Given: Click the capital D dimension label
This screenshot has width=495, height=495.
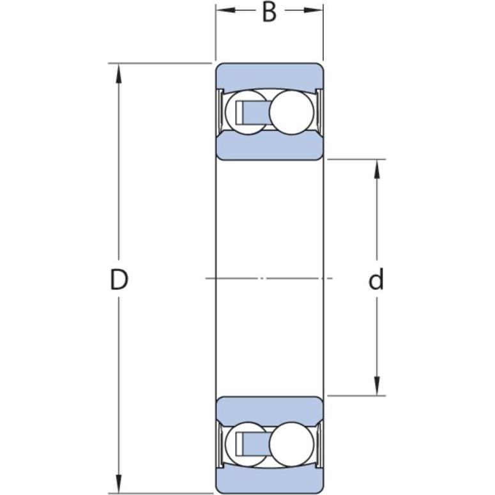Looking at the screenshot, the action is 119,280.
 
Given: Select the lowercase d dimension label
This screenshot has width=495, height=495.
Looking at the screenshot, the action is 376,279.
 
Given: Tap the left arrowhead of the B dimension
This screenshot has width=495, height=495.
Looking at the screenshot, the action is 225,10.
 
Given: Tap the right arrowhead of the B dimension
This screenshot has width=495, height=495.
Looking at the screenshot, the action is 314,10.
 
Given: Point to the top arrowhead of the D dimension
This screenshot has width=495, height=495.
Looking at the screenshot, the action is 119,74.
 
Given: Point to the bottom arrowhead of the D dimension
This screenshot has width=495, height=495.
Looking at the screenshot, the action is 119,484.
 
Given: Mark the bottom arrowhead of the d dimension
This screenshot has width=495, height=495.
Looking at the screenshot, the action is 377,385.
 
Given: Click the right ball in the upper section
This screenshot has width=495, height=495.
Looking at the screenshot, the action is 292,112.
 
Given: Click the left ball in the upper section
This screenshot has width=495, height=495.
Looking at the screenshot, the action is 247,112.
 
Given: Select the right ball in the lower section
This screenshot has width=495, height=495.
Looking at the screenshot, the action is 292,444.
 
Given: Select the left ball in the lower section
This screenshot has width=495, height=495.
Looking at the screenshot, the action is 247,444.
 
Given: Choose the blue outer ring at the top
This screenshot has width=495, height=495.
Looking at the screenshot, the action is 270,76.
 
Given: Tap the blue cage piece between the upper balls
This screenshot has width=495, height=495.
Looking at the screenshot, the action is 255,112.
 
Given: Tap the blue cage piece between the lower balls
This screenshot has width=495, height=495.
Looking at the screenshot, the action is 255,444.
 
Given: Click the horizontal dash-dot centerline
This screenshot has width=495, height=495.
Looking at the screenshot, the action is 269,278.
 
